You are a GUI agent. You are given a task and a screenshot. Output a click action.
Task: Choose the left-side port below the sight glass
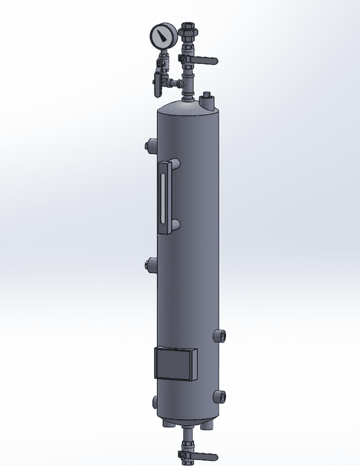tap(151, 263)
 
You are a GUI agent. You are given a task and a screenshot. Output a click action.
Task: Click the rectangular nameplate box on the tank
tap(176, 365)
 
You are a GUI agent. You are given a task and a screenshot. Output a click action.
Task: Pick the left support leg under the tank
tap(168, 425)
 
